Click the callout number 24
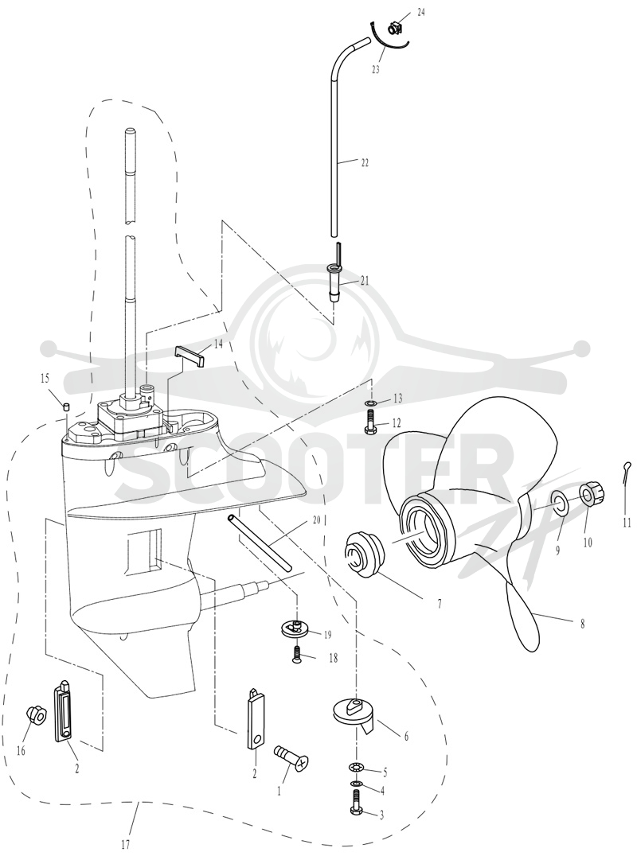coord(420,13)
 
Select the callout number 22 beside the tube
coord(365,162)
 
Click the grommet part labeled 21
coord(332,281)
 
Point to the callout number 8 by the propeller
coord(582,624)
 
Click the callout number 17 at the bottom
coord(126,845)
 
